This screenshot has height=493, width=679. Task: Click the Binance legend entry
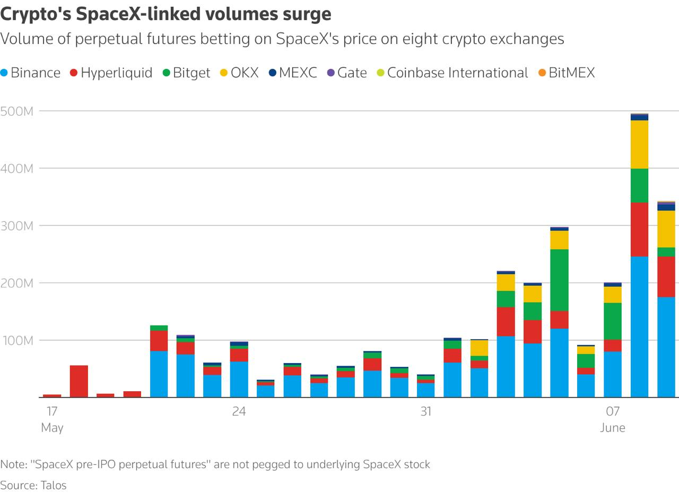[30, 73]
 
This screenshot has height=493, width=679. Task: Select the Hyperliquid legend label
[116, 73]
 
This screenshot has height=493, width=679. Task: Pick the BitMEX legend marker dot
[542, 73]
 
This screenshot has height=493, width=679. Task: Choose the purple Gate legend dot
[330, 73]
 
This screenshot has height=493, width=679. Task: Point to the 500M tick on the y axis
[16, 111]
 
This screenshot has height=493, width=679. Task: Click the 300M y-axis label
[16, 226]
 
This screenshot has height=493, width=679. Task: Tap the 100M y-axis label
[18, 341]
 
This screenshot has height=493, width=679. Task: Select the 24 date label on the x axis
[239, 411]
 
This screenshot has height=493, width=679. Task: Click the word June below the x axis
[613, 428]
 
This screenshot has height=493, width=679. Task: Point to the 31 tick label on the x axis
[426, 411]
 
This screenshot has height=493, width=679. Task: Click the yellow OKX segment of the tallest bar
[640, 144]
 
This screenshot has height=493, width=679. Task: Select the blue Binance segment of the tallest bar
[640, 327]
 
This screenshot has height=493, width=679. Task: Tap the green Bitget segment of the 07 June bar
[613, 321]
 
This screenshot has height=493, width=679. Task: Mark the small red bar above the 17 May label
[52, 396]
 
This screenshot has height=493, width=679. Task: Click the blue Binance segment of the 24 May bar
[239, 379]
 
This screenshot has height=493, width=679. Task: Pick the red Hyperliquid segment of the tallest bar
[640, 230]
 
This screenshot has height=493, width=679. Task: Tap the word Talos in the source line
[54, 485]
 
